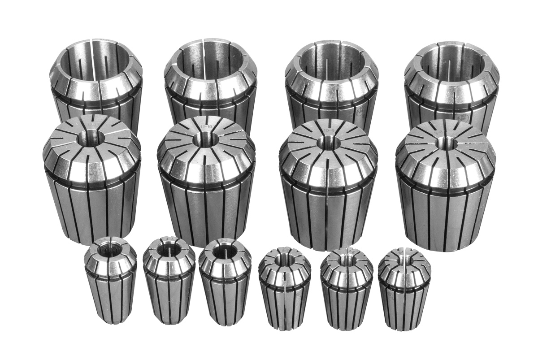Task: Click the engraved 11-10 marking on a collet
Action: (x=207, y=127)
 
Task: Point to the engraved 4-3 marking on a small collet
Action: (x=169, y=240)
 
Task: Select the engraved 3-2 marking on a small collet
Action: (x=223, y=242)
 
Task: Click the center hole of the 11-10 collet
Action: (x=205, y=139)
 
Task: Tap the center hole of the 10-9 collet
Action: (x=329, y=143)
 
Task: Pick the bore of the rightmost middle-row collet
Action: (x=447, y=143)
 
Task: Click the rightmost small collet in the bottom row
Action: (x=404, y=289)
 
